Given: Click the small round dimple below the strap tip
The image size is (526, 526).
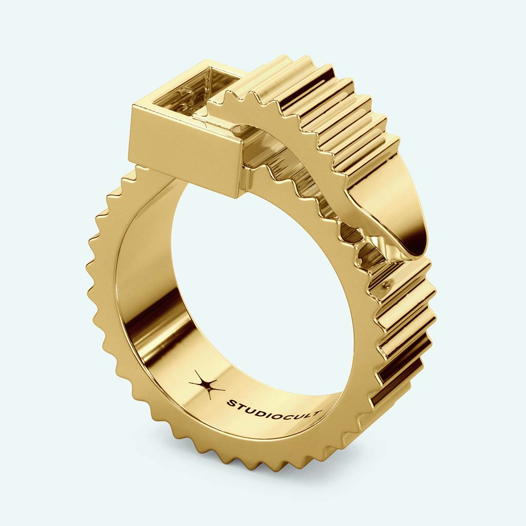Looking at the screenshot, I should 386,284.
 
